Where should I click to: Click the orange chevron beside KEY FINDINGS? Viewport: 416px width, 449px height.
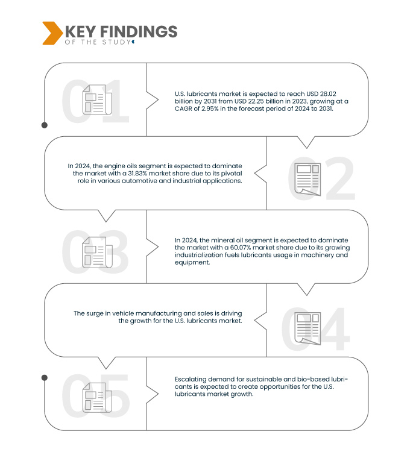pos(52,33)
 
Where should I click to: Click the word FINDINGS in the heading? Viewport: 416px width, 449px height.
pos(139,31)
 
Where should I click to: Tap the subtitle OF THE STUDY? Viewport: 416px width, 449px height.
pos(98,42)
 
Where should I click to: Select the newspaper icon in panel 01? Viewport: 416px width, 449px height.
pos(97,99)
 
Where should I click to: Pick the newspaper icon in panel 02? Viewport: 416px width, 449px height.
pos(307,179)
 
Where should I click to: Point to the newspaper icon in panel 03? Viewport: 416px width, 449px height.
pos(97,253)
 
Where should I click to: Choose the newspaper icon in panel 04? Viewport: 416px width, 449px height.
pos(307,328)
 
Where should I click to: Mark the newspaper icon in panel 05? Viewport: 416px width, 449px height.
pos(97,397)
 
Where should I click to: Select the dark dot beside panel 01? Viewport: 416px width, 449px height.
pos(45,125)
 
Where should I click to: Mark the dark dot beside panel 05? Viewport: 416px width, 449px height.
pos(45,378)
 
